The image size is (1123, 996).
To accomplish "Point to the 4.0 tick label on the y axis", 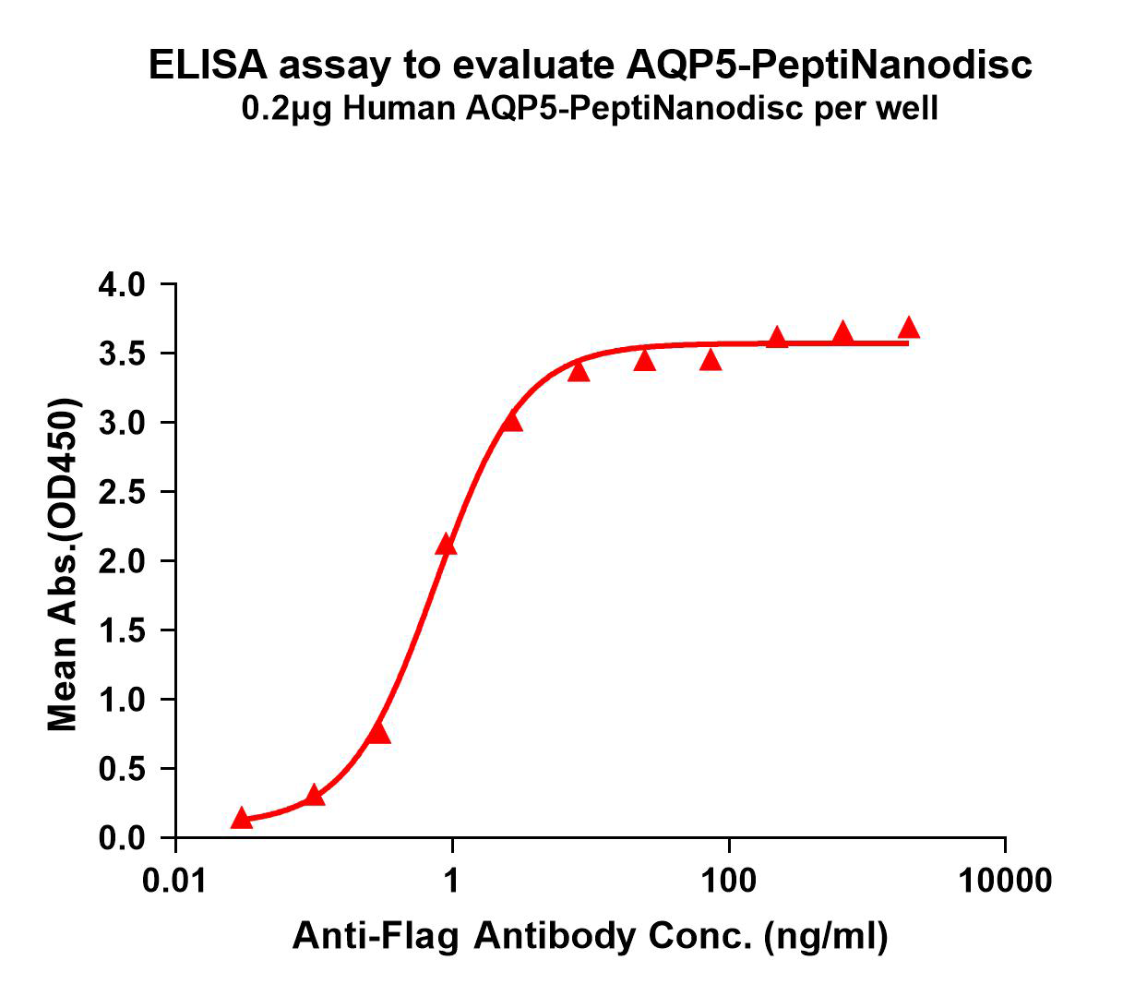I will click(122, 284).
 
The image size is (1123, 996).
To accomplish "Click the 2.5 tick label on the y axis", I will click(122, 492).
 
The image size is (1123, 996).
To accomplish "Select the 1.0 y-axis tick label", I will click(122, 700).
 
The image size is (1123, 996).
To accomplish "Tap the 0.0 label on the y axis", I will click(122, 838).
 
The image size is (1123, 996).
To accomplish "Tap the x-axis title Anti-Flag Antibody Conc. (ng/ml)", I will click(591, 936).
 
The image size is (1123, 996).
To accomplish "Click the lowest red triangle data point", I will click(242, 818).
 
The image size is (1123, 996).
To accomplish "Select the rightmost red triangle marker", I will click(909, 328).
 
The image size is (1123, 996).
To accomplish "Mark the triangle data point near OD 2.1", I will click(447, 546).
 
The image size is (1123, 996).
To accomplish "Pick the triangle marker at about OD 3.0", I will click(512, 422).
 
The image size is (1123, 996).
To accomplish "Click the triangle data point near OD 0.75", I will click(378, 733).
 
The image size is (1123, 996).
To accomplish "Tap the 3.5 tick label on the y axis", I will click(122, 354).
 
